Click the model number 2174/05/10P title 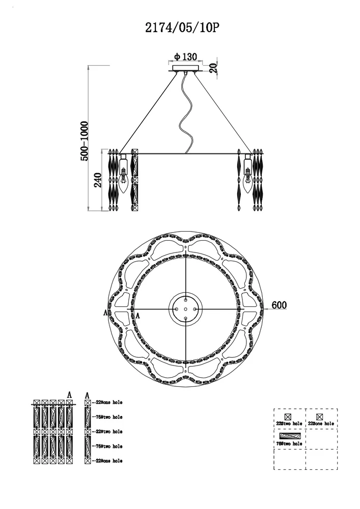182,28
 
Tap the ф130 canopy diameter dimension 185,57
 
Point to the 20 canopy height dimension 213,68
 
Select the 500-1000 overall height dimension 84,141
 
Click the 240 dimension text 98,180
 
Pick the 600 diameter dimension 279,305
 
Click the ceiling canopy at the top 185,69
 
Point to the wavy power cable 186,114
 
